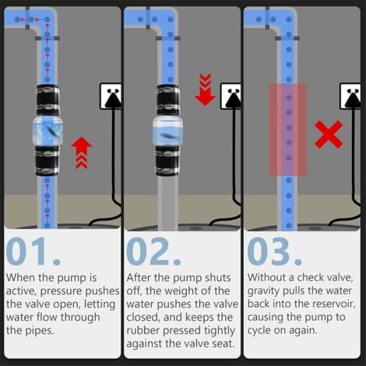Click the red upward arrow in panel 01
click(82, 153)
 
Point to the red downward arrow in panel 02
click(206, 90)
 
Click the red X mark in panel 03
click(329, 135)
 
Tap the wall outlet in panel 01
click(111, 96)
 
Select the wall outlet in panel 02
click(231, 96)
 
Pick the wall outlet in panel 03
click(350, 96)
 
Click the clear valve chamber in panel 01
click(48, 130)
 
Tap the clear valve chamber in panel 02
click(167, 130)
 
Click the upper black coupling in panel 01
click(48, 100)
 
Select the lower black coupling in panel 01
click(48, 160)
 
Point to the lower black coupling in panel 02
click(167, 160)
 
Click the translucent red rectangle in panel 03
click(288, 129)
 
